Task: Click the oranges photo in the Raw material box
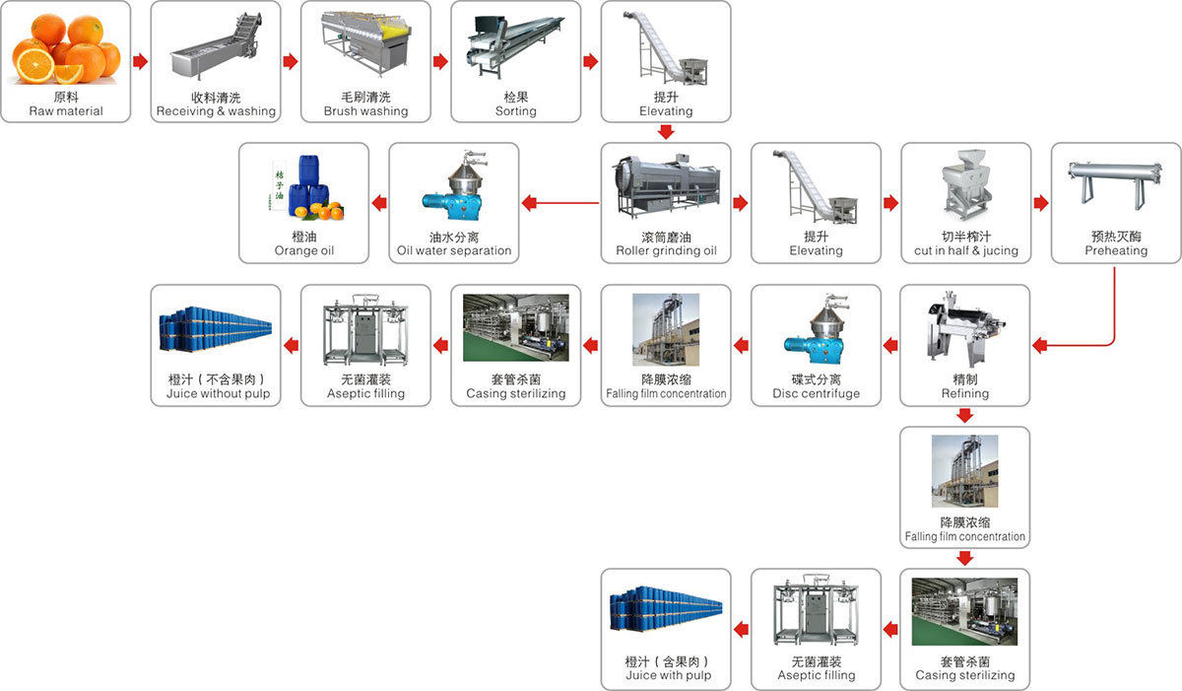click(x=65, y=49)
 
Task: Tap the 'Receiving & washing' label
click(x=216, y=111)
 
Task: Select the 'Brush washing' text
click(x=365, y=111)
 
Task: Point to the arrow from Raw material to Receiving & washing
click(x=140, y=62)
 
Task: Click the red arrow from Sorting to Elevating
click(x=590, y=62)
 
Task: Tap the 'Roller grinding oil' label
click(x=666, y=251)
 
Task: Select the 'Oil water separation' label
click(x=454, y=251)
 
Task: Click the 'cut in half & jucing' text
click(x=965, y=251)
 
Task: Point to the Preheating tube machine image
click(x=1115, y=187)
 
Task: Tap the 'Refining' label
click(x=965, y=393)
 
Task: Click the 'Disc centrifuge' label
click(x=816, y=393)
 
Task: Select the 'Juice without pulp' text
click(x=217, y=393)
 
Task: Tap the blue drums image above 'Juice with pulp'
click(x=666, y=611)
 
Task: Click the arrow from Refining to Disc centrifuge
click(x=890, y=345)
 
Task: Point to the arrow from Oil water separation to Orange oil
click(x=378, y=204)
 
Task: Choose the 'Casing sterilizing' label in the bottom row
click(x=965, y=676)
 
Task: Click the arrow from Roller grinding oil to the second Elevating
click(x=741, y=204)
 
